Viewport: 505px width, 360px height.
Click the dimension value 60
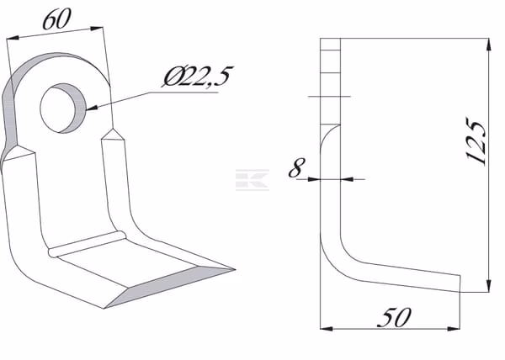click(56, 19)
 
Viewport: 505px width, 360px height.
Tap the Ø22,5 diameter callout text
click(197, 77)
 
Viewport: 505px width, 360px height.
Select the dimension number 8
click(296, 167)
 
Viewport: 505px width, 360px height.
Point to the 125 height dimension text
click(476, 142)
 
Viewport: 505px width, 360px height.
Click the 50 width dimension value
click(394, 317)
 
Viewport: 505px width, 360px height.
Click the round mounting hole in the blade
click(63, 109)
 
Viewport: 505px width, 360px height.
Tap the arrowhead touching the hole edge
click(92, 109)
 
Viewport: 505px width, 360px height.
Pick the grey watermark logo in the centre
click(252, 180)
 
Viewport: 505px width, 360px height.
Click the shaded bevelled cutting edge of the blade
click(170, 286)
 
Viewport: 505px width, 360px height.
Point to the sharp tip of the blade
click(235, 269)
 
